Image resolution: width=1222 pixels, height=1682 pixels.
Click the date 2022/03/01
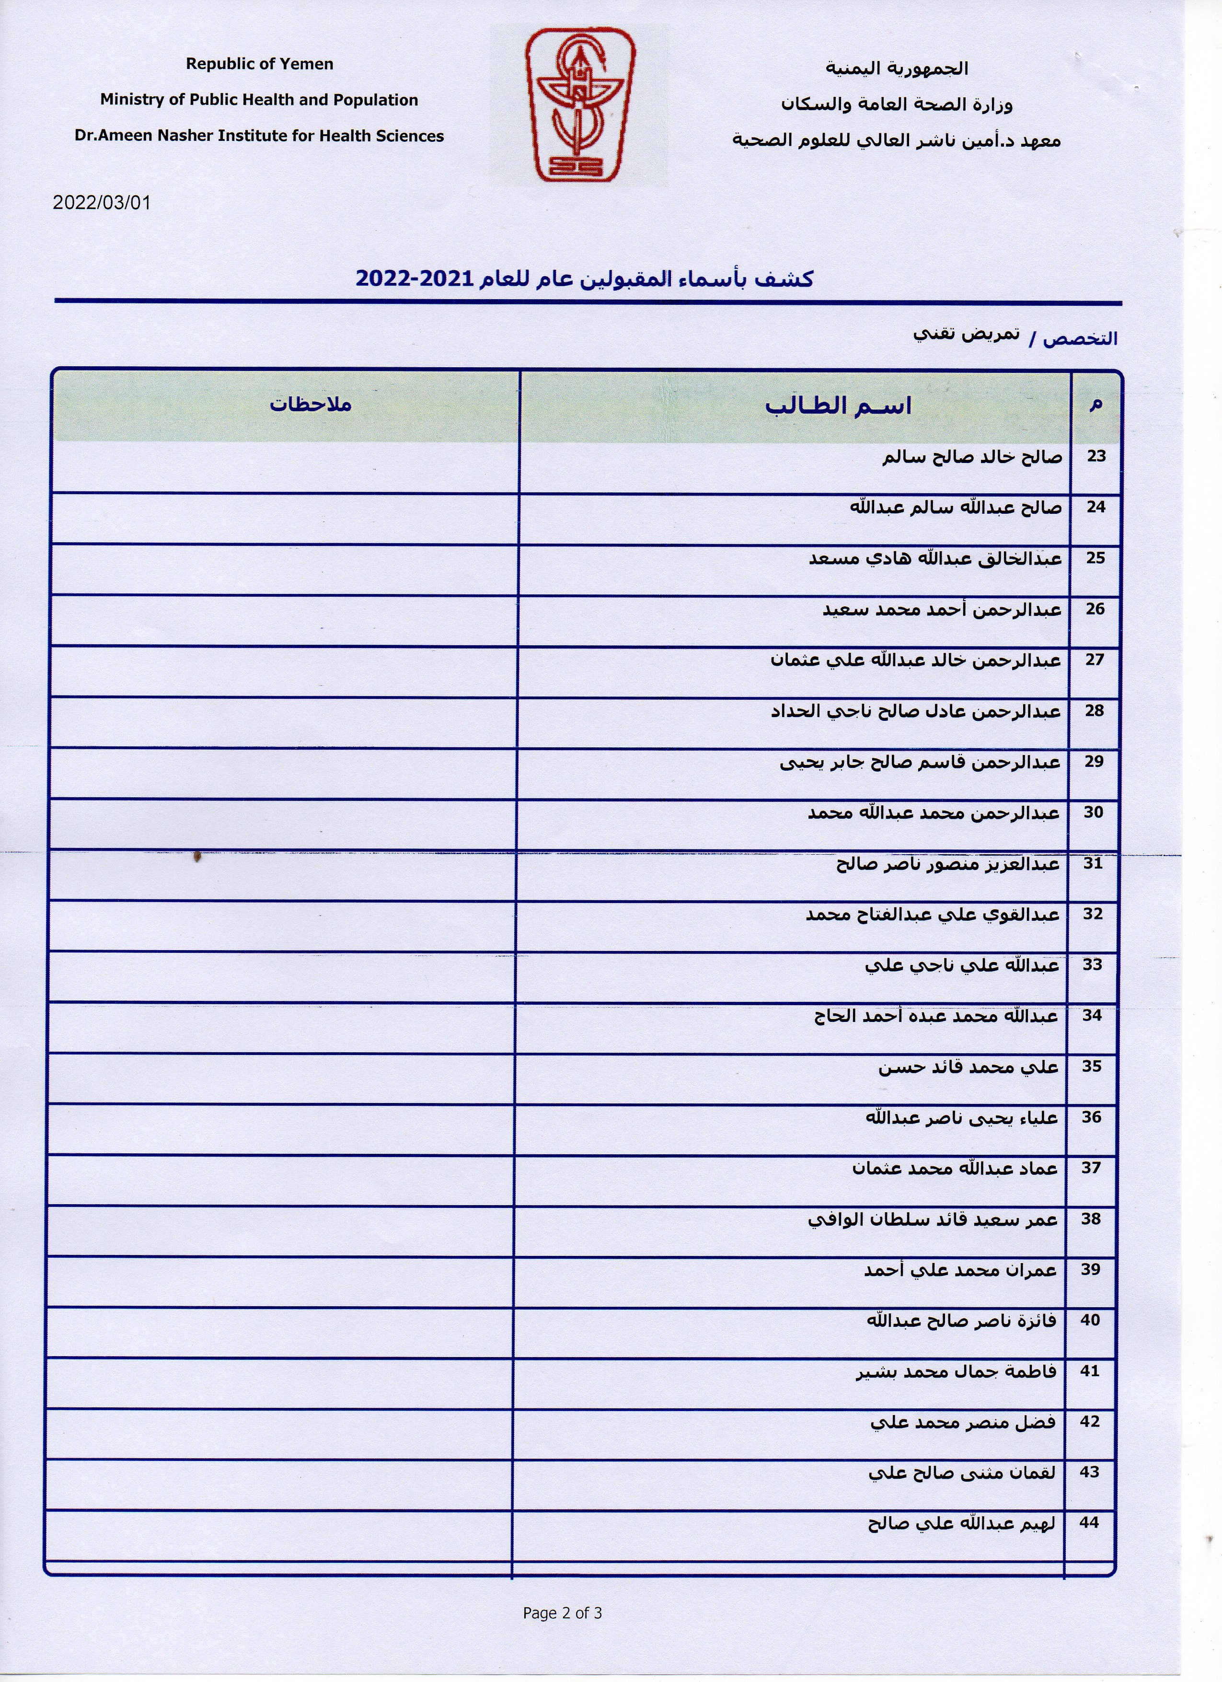click(x=102, y=202)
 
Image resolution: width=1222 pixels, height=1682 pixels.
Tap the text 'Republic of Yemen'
click(x=260, y=65)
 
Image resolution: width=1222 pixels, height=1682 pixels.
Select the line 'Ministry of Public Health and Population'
click(x=260, y=100)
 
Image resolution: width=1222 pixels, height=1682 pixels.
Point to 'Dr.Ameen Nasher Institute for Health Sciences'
click(x=260, y=136)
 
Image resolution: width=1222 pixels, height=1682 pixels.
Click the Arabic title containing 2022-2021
click(x=584, y=279)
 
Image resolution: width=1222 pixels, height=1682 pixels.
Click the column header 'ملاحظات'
click(x=310, y=405)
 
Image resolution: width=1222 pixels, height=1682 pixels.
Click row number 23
click(x=1096, y=456)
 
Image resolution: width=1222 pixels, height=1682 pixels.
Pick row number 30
click(x=1094, y=812)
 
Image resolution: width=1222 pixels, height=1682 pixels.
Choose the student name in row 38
click(x=933, y=1220)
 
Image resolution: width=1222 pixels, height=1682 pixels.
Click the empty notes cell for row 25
click(x=286, y=569)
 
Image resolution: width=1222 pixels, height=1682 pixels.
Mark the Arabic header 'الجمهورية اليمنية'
click(x=897, y=68)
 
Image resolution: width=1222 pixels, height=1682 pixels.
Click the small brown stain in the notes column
click(x=196, y=858)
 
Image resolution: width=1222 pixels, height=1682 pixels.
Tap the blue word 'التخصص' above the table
click(x=1080, y=339)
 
